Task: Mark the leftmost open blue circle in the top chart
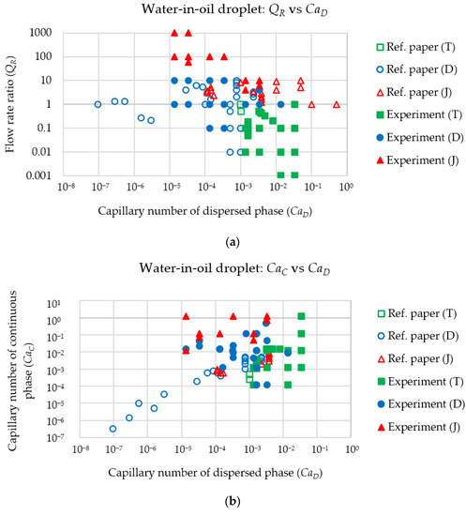(98, 104)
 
